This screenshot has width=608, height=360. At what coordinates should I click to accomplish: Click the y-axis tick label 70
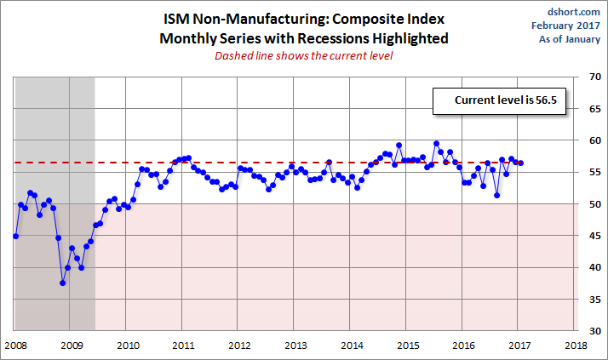tap(594, 77)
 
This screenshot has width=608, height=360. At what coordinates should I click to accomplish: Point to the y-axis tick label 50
tap(594, 204)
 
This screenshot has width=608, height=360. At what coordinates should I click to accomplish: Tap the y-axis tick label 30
tap(594, 330)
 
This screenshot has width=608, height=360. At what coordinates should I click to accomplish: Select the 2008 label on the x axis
tap(15, 346)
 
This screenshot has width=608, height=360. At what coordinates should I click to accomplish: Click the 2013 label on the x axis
tap(295, 346)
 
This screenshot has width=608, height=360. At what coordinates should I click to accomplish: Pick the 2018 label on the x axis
tap(576, 346)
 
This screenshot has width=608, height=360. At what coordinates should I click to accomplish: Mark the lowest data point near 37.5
tap(63, 283)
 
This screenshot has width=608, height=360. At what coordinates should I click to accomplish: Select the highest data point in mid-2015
tap(436, 144)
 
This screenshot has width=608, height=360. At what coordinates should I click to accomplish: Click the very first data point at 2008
tap(15, 236)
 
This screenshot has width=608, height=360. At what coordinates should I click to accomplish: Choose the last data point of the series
tap(520, 163)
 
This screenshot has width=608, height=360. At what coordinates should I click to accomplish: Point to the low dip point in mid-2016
tap(497, 196)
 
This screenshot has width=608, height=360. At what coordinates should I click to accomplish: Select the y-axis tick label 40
tap(594, 267)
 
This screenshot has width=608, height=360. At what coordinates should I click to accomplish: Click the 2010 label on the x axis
tap(128, 346)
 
